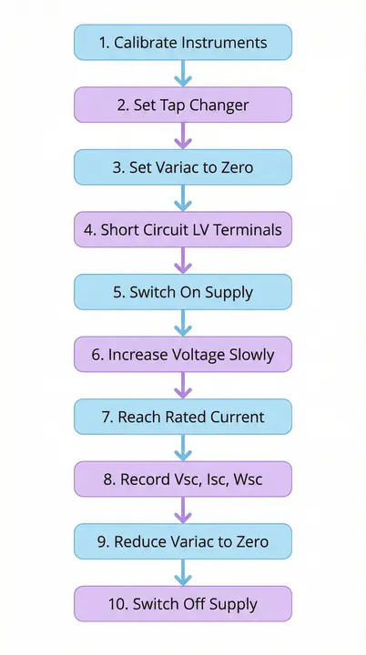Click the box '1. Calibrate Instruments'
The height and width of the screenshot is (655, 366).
(x=182, y=43)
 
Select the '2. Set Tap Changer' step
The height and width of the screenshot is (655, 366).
(x=182, y=105)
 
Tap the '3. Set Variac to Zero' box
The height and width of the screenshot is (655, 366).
(x=182, y=167)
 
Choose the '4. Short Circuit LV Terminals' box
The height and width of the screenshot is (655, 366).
(x=182, y=230)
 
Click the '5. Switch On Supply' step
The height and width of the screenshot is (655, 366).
(x=182, y=292)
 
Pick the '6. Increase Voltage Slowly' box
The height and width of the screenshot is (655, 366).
(x=182, y=355)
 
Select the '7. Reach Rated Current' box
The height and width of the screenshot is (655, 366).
(x=182, y=417)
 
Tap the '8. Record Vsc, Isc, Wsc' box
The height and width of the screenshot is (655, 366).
(x=182, y=479)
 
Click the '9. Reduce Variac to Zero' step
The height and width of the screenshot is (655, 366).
(x=182, y=541)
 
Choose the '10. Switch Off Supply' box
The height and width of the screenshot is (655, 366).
(x=182, y=604)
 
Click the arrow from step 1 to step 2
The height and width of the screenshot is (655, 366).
(x=182, y=74)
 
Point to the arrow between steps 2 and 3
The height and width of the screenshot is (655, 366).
(x=182, y=136)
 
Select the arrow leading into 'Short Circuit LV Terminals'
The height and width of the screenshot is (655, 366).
(x=182, y=198)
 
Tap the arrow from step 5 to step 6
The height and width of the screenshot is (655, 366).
(x=182, y=323)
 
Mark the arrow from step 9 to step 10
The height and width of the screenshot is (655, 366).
(x=182, y=572)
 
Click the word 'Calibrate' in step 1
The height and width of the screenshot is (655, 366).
(x=148, y=43)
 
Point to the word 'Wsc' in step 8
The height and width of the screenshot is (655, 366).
(x=244, y=479)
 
